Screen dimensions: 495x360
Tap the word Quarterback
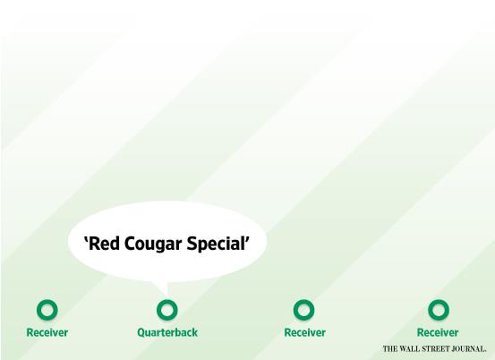[167, 332]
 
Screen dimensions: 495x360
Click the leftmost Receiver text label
[47, 332]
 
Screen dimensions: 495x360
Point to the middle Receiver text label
[305, 332]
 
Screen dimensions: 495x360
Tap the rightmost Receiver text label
[438, 332]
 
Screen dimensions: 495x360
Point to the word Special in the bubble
[216, 244]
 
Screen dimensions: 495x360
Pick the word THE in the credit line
[389, 349]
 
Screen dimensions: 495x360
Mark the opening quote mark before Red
[86, 240]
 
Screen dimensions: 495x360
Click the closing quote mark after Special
[247, 240]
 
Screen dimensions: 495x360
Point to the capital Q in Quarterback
[141, 332]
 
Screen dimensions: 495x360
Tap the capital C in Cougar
[130, 244]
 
